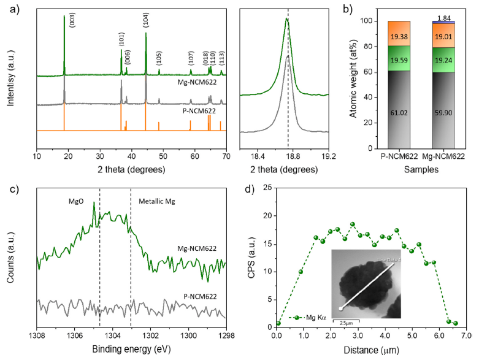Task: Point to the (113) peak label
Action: pos(221,59)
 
